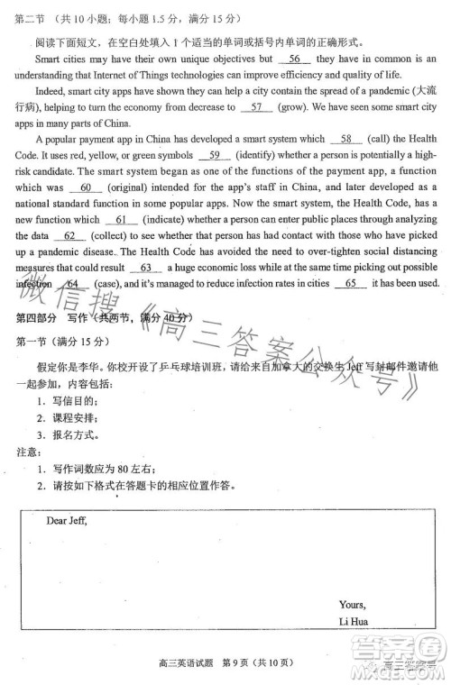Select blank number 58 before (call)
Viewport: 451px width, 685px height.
pyautogui.click(x=346, y=140)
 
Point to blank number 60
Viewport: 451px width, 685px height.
pyautogui.click(x=87, y=188)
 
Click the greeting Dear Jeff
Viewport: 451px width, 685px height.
pyautogui.click(x=67, y=520)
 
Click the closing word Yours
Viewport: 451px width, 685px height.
pyautogui.click(x=352, y=605)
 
